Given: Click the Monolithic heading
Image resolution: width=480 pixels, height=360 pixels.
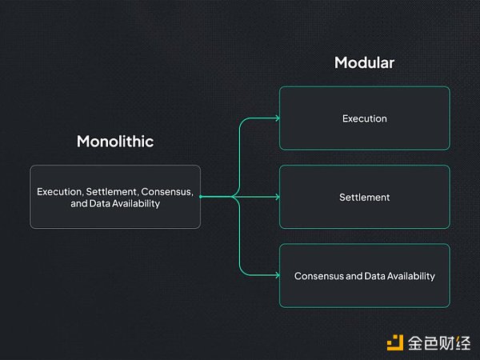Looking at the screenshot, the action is (115, 142).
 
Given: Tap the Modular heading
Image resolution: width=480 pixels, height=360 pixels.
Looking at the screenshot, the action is (364, 62).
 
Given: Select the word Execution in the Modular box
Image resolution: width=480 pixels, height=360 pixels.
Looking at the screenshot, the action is (365, 118).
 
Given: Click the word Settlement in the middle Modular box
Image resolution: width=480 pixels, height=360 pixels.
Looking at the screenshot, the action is (365, 197).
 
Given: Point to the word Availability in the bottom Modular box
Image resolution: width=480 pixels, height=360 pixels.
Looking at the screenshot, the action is (411, 277).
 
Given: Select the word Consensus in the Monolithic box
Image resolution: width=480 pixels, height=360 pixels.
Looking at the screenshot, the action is (167, 192).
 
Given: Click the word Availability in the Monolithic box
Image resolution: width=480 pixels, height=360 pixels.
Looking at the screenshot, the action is (136, 204).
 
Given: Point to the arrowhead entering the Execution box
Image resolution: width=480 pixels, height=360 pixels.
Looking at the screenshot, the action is (278, 118).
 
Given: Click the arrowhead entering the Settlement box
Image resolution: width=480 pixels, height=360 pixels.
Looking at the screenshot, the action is (278, 197).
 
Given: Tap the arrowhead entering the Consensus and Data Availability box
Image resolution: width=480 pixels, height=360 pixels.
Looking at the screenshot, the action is (278, 275).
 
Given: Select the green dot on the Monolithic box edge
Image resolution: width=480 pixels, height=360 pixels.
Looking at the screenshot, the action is (201, 197).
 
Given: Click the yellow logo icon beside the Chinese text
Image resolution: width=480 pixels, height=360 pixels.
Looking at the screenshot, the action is (395, 343).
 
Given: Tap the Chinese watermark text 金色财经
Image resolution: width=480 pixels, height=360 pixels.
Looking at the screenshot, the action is (439, 343).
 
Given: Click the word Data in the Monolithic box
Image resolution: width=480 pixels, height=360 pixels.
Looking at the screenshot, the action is (99, 203).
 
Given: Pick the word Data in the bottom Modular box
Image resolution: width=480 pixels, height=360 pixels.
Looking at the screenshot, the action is (375, 276).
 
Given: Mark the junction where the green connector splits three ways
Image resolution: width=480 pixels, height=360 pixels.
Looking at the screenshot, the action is (234, 197).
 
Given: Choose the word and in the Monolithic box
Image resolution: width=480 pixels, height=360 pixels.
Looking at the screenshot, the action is (79, 203).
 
